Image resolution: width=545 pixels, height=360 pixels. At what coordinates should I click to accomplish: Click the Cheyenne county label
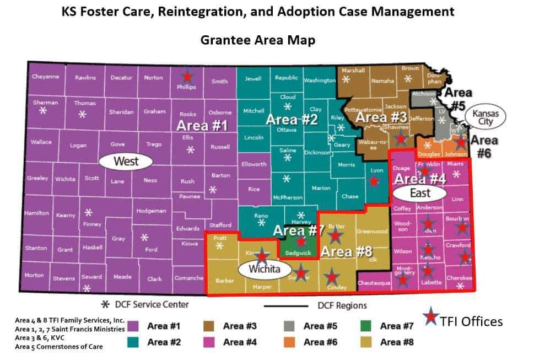(45, 77)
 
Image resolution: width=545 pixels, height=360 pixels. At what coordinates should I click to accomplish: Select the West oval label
(126, 162)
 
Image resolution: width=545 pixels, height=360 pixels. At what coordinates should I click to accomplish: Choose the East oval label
(419, 194)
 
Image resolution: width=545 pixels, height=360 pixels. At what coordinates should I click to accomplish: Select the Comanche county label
(188, 278)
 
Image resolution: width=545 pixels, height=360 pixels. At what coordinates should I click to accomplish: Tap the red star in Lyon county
(374, 180)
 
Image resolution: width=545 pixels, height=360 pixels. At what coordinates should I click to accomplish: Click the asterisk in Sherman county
(43, 111)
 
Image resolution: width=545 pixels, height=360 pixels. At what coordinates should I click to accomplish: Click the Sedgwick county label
(298, 253)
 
